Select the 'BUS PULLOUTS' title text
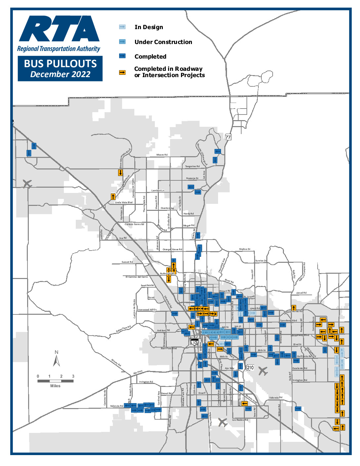[60, 64]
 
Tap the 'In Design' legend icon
[122, 27]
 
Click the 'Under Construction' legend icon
[122, 42]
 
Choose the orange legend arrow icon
[122, 72]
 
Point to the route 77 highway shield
[228, 137]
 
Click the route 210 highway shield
[250, 367]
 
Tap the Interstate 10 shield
[195, 343]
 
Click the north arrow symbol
[57, 359]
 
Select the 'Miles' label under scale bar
[55, 386]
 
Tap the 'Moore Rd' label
[162, 155]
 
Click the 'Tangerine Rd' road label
[192, 166]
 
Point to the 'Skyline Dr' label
[245, 249]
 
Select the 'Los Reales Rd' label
[240, 420]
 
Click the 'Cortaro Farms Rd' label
[134, 224]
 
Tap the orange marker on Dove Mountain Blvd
[120, 172]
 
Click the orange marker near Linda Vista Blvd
[113, 197]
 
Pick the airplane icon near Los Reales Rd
[223, 422]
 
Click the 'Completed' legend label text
[150, 57]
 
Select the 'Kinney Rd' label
[116, 363]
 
